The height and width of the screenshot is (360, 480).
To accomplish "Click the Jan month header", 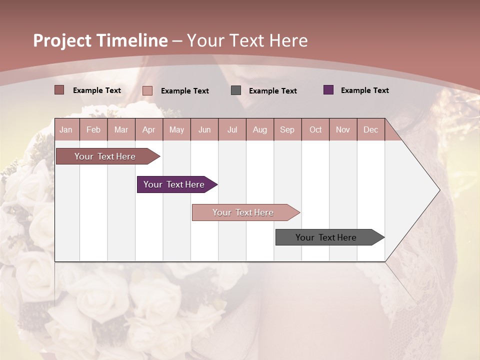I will click(x=66, y=129).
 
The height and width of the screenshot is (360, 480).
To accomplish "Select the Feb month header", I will click(x=93, y=129).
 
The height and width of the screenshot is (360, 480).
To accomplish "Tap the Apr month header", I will click(x=149, y=129).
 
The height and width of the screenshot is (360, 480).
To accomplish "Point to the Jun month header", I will click(x=204, y=129).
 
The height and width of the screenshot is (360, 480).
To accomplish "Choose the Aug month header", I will click(x=260, y=129).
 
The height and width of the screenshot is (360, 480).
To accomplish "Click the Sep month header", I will click(x=287, y=129).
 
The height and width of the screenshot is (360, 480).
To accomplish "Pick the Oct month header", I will click(x=315, y=129).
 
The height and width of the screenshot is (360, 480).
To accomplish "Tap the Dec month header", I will click(x=371, y=129).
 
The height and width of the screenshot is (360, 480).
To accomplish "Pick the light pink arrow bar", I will click(x=244, y=212).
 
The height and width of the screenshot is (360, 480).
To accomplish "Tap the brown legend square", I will click(x=59, y=90).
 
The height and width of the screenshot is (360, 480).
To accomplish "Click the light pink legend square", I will click(x=147, y=90).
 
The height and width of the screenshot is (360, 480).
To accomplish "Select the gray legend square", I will click(x=236, y=90).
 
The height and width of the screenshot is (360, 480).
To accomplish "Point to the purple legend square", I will click(x=328, y=90).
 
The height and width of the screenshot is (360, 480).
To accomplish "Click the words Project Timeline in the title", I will click(x=100, y=40).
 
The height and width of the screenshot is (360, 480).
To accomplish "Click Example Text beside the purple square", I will click(x=364, y=90).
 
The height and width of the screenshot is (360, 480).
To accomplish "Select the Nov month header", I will click(x=343, y=129).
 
